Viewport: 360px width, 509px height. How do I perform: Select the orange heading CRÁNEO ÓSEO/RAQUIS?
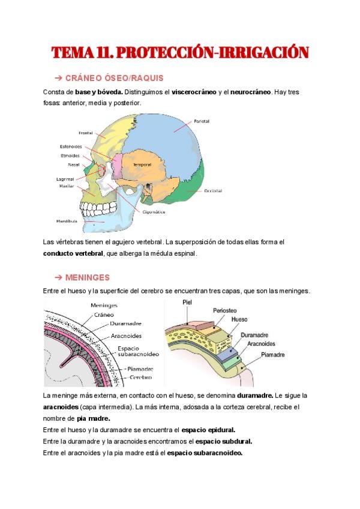[x=113, y=79]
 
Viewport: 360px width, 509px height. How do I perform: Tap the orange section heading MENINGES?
[x=86, y=277]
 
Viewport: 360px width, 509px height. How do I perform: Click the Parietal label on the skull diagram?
[x=202, y=121]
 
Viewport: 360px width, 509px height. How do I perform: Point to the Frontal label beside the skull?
[x=85, y=133]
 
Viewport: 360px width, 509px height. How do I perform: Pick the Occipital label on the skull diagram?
[x=212, y=191]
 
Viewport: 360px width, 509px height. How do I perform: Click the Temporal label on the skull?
[x=142, y=164]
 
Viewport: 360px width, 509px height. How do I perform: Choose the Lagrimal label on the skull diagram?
[x=66, y=179]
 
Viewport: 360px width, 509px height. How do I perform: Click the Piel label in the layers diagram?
[x=187, y=303]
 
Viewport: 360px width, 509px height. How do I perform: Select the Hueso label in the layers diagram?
[x=239, y=320]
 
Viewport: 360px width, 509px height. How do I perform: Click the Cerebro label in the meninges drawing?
[x=138, y=377]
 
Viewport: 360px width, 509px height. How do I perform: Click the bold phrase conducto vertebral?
[x=73, y=253]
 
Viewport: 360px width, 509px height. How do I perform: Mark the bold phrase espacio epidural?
[x=208, y=430]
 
